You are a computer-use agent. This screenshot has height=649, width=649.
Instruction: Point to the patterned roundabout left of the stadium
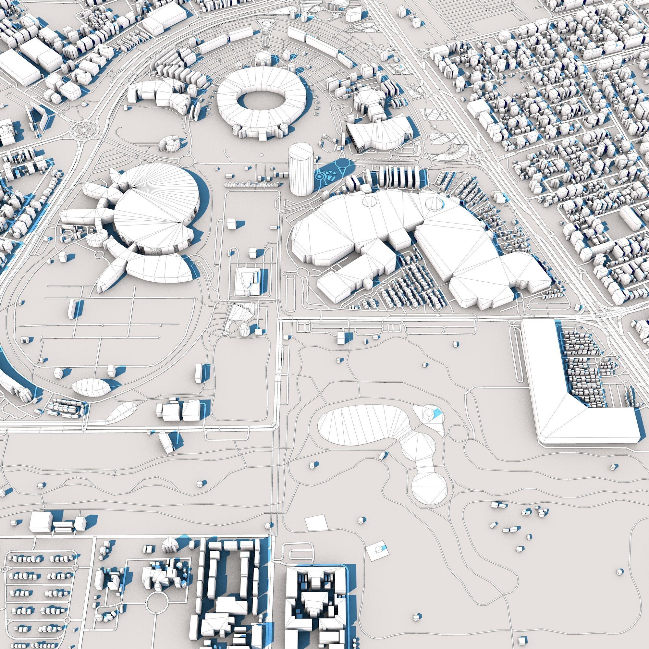82,129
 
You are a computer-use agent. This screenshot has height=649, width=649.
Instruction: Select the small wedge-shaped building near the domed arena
170,144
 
